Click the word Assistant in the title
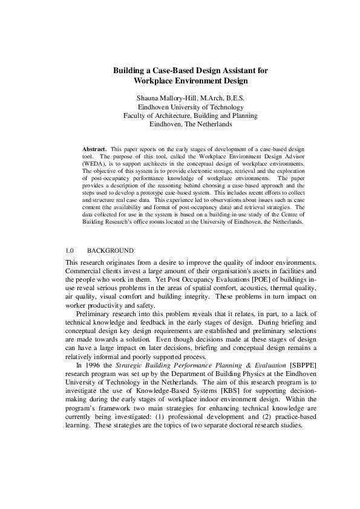pyautogui.click(x=234, y=71)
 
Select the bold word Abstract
pyautogui.click(x=94, y=148)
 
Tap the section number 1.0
pyautogui.click(x=69, y=250)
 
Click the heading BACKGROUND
pyautogui.click(x=110, y=250)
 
